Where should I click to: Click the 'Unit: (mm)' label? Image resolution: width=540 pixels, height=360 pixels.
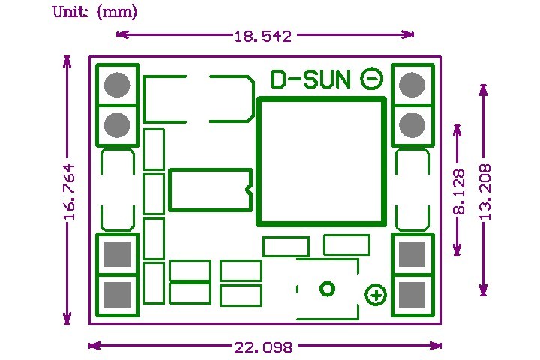[x=94, y=13]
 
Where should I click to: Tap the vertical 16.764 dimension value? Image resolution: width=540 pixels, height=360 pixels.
[x=70, y=191]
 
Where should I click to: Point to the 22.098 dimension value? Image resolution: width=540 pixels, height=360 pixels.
[x=263, y=346]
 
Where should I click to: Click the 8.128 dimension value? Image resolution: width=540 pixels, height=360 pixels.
[x=459, y=192]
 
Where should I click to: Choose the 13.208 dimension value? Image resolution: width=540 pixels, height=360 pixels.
[x=484, y=192]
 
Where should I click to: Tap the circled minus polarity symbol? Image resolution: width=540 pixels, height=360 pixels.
[x=372, y=79]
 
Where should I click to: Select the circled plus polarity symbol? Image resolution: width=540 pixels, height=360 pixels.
[x=376, y=295]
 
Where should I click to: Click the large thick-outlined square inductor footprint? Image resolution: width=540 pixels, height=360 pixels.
[x=321, y=161]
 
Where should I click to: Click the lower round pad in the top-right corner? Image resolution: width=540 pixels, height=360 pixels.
[x=412, y=124]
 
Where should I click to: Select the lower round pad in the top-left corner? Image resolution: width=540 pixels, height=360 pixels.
[x=117, y=124]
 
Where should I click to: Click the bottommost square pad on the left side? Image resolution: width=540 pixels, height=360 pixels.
[x=117, y=294]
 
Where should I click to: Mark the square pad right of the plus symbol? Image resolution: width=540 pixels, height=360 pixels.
[x=412, y=294]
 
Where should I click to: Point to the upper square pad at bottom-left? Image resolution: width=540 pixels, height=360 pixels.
[x=117, y=255]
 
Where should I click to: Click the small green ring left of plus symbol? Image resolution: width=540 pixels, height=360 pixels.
[x=327, y=289]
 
